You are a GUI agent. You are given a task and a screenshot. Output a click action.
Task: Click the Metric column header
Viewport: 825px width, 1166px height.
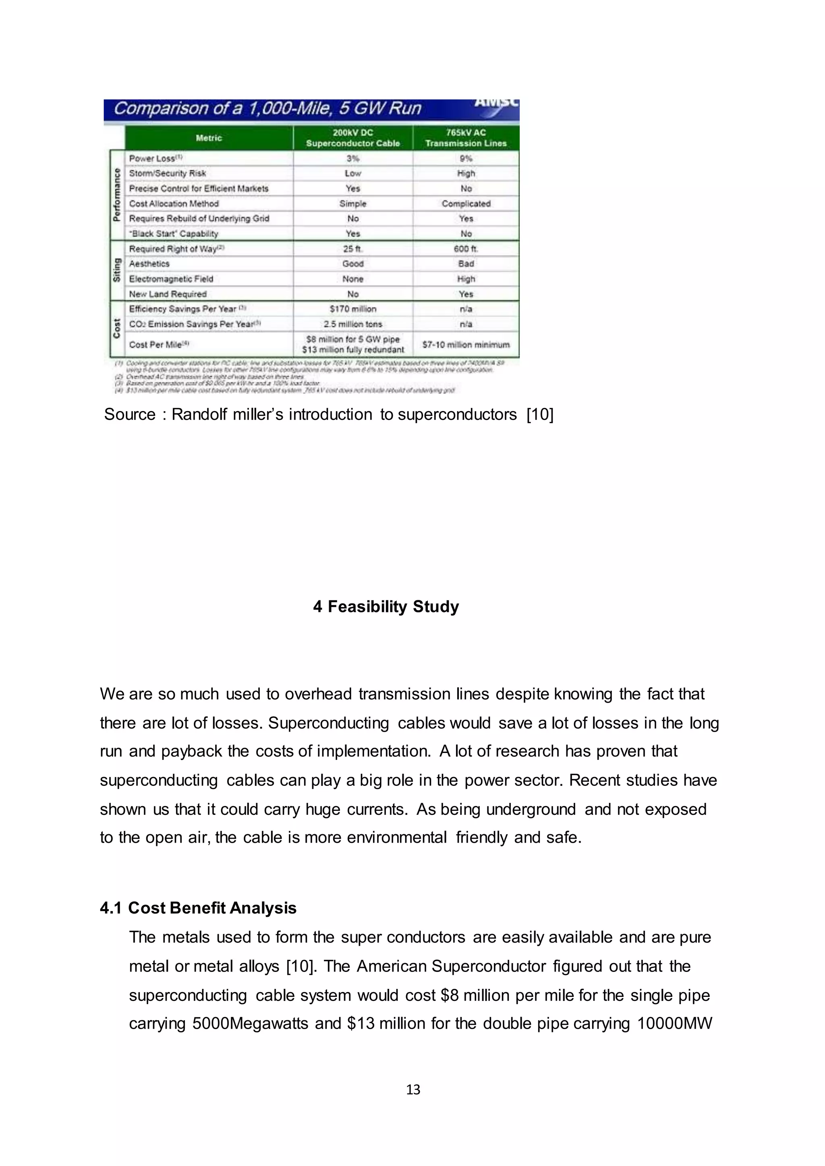coord(209,138)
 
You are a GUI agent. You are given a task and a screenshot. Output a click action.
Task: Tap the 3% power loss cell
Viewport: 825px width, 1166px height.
coord(352,159)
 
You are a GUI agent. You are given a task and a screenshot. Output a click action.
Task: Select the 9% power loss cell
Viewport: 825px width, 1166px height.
coord(466,159)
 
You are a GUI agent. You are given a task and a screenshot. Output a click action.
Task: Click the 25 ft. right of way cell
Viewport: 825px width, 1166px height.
coord(352,249)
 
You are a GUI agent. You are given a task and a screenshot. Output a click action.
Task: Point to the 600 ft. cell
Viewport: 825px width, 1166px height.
coord(466,249)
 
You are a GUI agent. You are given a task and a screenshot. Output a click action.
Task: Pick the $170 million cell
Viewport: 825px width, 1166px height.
coord(352,309)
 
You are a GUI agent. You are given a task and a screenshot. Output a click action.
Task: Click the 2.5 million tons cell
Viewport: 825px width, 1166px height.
coord(352,324)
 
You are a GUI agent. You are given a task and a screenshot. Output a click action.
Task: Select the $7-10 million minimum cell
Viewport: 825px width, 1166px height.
coord(466,345)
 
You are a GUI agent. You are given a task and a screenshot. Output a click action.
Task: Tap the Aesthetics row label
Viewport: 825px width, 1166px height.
coord(149,264)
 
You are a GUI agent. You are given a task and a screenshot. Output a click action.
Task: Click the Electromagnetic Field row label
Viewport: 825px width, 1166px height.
coord(171,279)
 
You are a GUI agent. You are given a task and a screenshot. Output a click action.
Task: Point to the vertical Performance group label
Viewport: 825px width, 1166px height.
coord(117,194)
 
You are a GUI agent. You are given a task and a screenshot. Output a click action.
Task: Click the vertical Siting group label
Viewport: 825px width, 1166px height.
coord(117,270)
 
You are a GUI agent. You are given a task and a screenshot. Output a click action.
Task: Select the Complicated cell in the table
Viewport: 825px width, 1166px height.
coord(466,204)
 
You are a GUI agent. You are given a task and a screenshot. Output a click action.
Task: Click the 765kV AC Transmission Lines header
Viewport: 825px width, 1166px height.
coord(466,138)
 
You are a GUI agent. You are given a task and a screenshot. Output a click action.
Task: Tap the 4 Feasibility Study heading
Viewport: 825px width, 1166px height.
coord(386,606)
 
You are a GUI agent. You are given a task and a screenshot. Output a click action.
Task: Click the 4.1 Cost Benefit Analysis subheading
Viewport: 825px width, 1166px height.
coord(198,908)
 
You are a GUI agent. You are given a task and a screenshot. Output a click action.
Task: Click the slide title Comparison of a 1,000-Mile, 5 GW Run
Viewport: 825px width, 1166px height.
coord(268,109)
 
